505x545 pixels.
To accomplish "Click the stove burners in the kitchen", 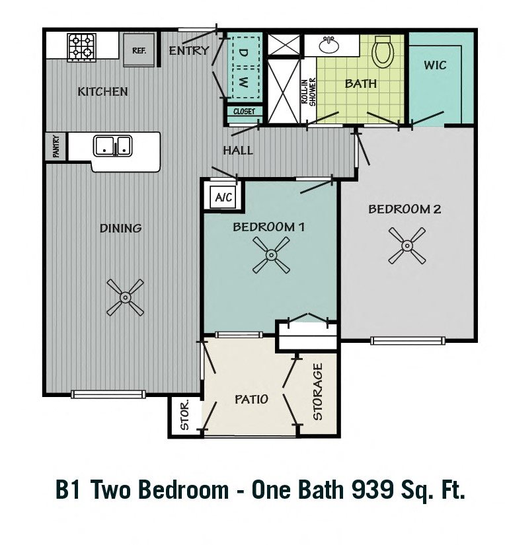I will pyautogui.click(x=83, y=48).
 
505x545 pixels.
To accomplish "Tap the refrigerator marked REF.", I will pyautogui.click(x=139, y=51).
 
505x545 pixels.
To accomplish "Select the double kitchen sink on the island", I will pyautogui.click(x=113, y=145).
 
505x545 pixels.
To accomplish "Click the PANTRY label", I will pyautogui.click(x=53, y=147).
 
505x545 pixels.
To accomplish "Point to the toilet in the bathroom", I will pyautogui.click(x=383, y=52).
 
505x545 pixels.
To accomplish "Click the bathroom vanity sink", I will pyautogui.click(x=328, y=45).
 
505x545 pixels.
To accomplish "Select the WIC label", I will pyautogui.click(x=435, y=65).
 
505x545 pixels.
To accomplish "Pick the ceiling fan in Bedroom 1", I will pyautogui.click(x=271, y=256).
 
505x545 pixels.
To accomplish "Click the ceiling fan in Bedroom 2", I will pyautogui.click(x=407, y=246).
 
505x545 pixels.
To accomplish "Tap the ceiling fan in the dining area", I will pyautogui.click(x=124, y=297).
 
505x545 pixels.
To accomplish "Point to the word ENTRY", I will pyautogui.click(x=189, y=51).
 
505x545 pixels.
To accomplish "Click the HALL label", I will pyautogui.click(x=238, y=151).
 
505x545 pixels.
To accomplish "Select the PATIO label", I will pyautogui.click(x=251, y=399).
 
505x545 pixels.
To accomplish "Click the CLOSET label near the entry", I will pyautogui.click(x=244, y=112).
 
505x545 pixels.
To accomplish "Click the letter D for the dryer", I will pyautogui.click(x=243, y=51).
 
